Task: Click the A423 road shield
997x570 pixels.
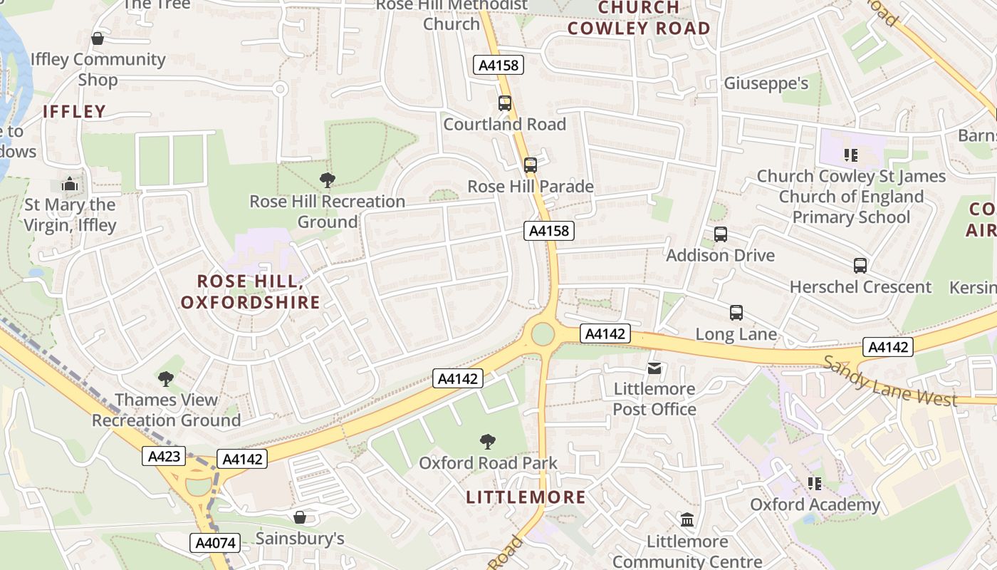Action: (164, 456)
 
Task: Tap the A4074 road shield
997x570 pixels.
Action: (214, 543)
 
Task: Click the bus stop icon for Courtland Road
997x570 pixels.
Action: (505, 103)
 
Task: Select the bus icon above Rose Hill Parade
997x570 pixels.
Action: (531, 165)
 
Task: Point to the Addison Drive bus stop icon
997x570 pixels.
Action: (721, 234)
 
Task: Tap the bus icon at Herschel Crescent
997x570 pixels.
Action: (860, 266)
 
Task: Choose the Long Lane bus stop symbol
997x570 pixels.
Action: (736, 313)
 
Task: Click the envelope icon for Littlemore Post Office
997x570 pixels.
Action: (654, 368)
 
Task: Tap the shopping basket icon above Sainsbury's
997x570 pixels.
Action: (300, 517)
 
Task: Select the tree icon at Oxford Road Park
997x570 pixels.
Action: (488, 442)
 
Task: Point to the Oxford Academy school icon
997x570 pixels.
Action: (815, 484)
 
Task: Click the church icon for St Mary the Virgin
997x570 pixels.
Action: (69, 185)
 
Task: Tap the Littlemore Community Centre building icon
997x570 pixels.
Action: (687, 520)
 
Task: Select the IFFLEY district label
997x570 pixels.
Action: (74, 111)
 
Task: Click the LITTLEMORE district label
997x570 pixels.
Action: (526, 497)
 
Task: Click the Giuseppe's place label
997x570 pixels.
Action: (766, 83)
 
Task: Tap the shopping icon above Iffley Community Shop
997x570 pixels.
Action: (98, 38)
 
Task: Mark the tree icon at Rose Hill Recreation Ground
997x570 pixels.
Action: (327, 180)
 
